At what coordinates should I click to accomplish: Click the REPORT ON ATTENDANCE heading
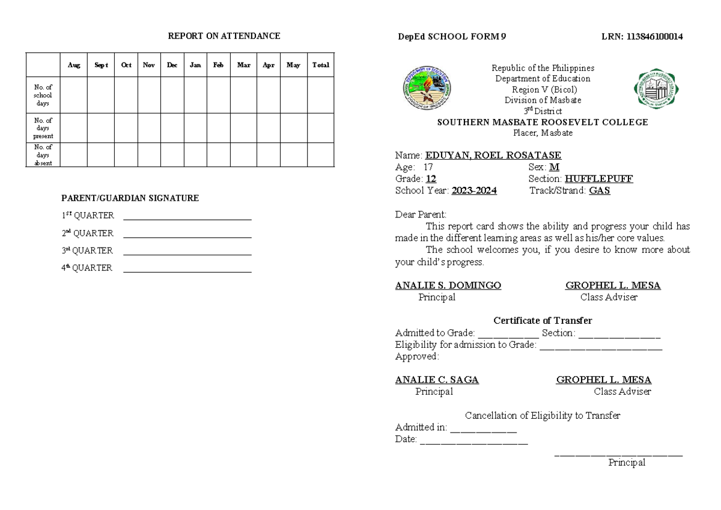click(224, 36)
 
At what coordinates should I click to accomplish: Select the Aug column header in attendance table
click(74, 65)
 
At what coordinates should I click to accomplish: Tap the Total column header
click(320, 65)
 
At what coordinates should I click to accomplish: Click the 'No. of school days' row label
click(43, 95)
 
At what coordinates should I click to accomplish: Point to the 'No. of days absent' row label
click(43, 155)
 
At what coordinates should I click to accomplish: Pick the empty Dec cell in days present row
click(172, 128)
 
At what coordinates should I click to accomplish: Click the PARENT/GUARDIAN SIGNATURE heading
click(130, 198)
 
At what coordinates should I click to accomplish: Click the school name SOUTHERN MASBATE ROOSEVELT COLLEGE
click(542, 123)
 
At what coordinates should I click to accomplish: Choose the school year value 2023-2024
click(474, 190)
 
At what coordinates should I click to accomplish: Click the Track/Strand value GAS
click(600, 190)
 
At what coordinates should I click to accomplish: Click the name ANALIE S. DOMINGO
click(448, 286)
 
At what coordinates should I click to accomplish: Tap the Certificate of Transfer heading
click(543, 321)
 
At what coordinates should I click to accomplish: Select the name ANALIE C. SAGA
click(437, 380)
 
